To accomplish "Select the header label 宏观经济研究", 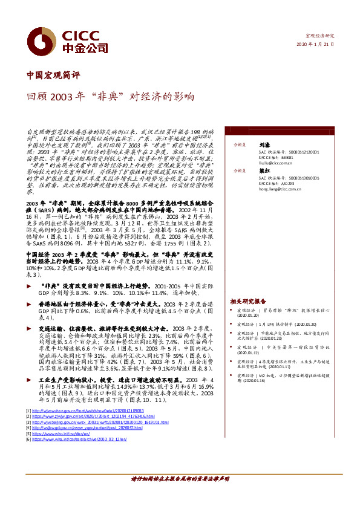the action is [320, 36].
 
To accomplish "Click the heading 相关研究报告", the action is [248, 300].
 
